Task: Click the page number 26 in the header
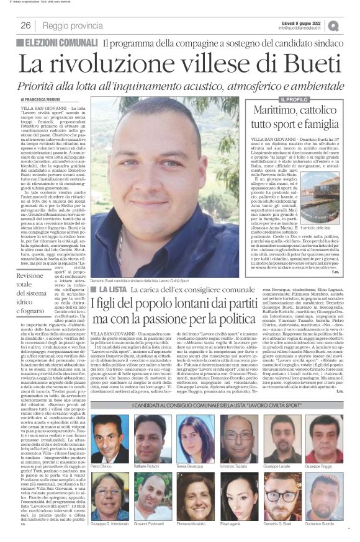click(x=25, y=25)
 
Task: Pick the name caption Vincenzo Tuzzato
click(x=238, y=448)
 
